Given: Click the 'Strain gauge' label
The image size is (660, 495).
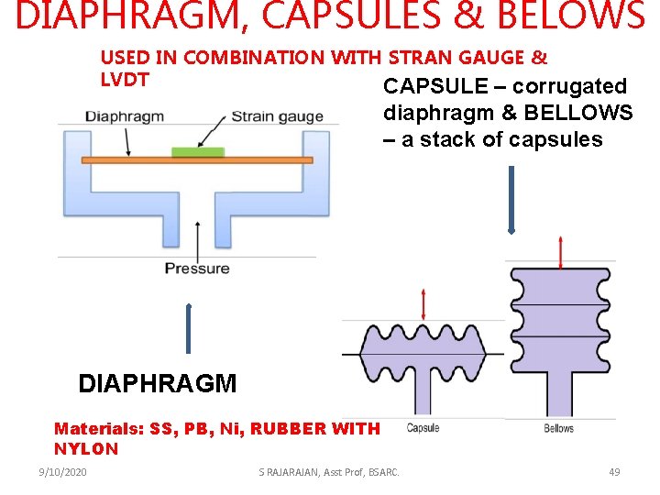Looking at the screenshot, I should pyautogui.click(x=277, y=116).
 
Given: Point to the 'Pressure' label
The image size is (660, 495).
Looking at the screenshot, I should pyautogui.click(x=197, y=269).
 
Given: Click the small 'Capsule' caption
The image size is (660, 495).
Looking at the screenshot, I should pyautogui.click(x=423, y=428).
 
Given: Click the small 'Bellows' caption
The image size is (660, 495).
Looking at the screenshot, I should pyautogui.click(x=558, y=428).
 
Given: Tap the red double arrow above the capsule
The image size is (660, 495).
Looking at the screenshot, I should pyautogui.click(x=423, y=303).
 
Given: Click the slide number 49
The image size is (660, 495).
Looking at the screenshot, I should pyautogui.click(x=614, y=472).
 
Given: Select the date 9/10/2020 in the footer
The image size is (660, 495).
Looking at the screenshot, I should pyautogui.click(x=62, y=472).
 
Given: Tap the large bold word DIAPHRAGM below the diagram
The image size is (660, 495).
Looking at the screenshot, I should pyautogui.click(x=158, y=383).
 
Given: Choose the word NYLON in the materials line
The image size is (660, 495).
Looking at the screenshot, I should pyautogui.click(x=86, y=449).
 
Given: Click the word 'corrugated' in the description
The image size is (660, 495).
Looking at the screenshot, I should pyautogui.click(x=569, y=86).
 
